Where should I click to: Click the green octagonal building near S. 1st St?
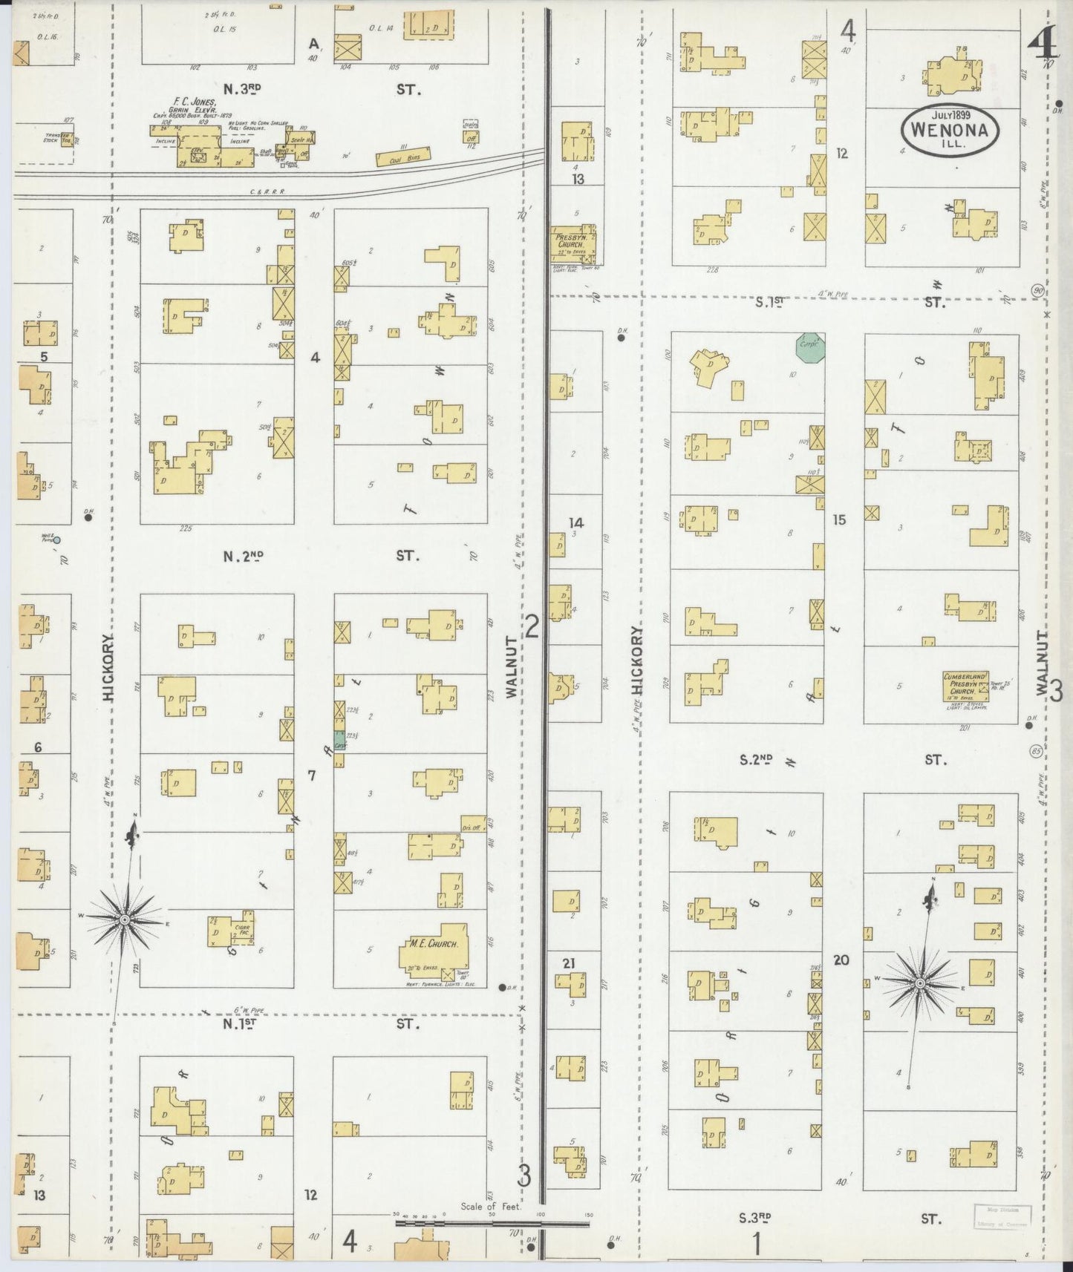coord(810,345)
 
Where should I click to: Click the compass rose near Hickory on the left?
coord(125,920)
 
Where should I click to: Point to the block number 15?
coord(839,520)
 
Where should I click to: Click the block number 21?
coord(569,963)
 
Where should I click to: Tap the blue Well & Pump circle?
coord(56,540)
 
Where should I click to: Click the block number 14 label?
coord(575,522)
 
